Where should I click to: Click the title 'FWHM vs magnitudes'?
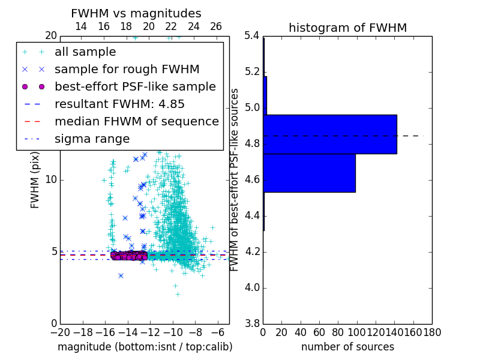(x=136, y=14)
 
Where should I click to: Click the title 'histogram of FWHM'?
(x=347, y=28)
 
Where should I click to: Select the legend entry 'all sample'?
(x=85, y=52)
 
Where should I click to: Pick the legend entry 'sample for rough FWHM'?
(x=127, y=69)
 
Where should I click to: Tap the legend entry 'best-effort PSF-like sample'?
(x=135, y=86)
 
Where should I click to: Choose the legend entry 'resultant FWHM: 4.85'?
(x=119, y=104)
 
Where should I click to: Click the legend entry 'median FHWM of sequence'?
(x=136, y=121)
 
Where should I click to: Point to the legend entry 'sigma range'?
(x=92, y=139)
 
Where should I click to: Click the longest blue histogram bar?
(x=330, y=134)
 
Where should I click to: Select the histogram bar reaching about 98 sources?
(x=310, y=173)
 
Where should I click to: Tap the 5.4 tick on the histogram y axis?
(x=251, y=36)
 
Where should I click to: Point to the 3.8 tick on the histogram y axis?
(x=251, y=323)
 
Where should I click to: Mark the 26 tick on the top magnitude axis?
(x=216, y=26)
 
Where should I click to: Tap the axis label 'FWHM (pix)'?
(x=35, y=179)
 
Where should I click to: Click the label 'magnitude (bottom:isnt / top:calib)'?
(x=145, y=347)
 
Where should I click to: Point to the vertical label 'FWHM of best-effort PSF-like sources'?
(x=235, y=179)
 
